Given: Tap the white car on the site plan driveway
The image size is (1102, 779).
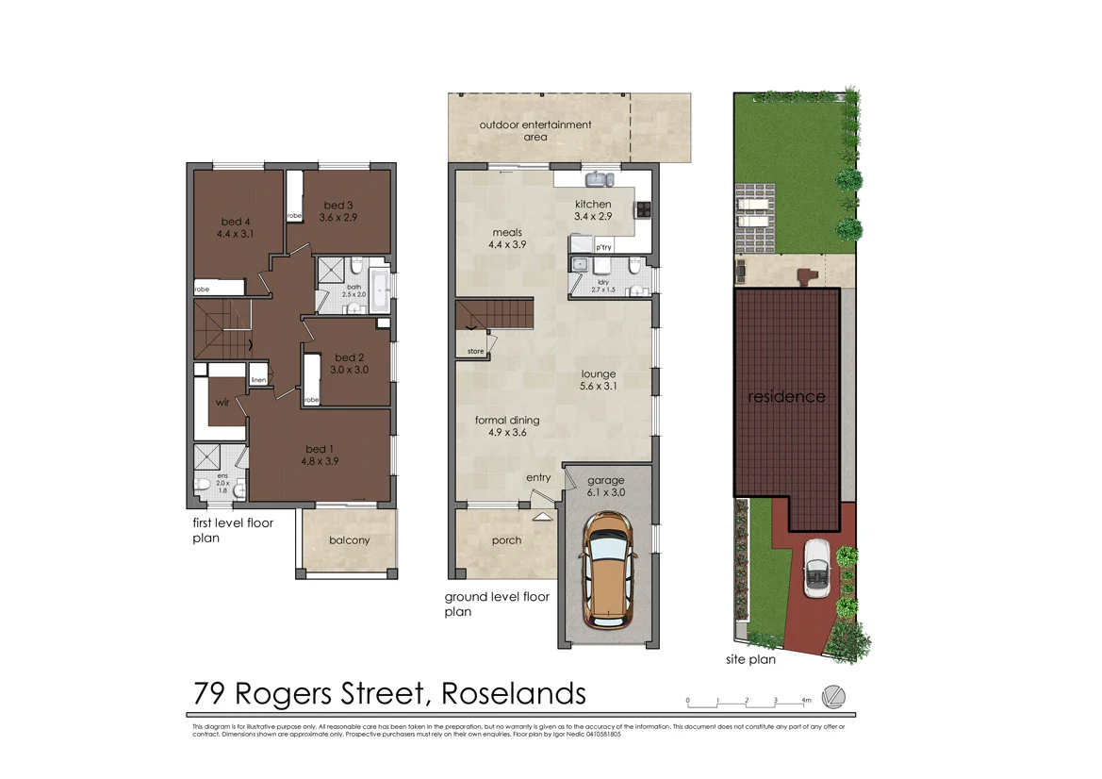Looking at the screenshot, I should (x=816, y=568).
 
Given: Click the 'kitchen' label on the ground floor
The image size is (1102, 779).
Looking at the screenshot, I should (x=593, y=205).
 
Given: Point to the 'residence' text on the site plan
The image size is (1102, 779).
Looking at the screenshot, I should (x=786, y=397).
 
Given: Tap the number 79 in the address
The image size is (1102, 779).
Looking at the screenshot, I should (x=209, y=694).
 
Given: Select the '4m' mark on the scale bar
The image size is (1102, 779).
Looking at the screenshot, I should (x=806, y=701).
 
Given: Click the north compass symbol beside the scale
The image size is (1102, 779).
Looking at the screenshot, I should (x=833, y=696).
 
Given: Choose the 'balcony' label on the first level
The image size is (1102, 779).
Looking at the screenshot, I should (x=349, y=540).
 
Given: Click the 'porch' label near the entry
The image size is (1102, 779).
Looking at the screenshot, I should (x=507, y=541).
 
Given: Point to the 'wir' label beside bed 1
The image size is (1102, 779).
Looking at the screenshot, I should (x=222, y=403).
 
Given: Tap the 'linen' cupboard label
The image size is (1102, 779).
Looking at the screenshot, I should (x=257, y=380).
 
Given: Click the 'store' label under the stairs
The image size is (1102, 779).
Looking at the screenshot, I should (x=475, y=352).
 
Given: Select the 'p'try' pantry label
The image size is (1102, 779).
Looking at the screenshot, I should (x=603, y=247).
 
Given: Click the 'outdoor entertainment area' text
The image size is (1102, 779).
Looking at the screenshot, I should (x=535, y=131).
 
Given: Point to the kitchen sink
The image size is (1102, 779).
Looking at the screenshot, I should (x=597, y=178).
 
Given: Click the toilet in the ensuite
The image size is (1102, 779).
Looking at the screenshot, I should (x=203, y=486).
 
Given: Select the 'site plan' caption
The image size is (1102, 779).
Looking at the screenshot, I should (x=750, y=660).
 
